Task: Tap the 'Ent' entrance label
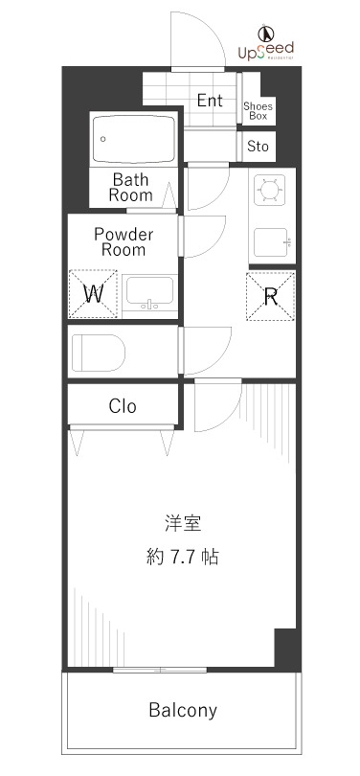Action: pyautogui.click(x=210, y=100)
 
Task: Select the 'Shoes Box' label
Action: pyautogui.click(x=257, y=110)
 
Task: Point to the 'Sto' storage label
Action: pyautogui.click(x=258, y=147)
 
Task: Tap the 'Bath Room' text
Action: pyautogui.click(x=131, y=186)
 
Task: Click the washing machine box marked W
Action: pyautogui.click(x=93, y=294)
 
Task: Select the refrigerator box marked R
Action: pyautogui.click(x=271, y=295)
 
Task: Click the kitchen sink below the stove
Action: pyautogui.click(x=272, y=240)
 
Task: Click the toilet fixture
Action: pyautogui.click(x=98, y=352)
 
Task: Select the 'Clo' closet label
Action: pyautogui.click(x=123, y=406)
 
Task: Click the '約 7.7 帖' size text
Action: pyautogui.click(x=182, y=556)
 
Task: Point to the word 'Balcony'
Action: pyautogui.click(x=182, y=711)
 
